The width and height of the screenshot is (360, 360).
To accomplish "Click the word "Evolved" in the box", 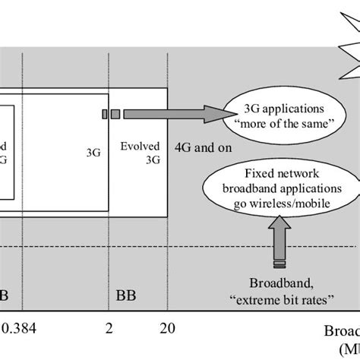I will (137, 144).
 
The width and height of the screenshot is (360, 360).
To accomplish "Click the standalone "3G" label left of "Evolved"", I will (94, 151).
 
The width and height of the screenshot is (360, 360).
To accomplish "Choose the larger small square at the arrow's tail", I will (115, 114).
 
